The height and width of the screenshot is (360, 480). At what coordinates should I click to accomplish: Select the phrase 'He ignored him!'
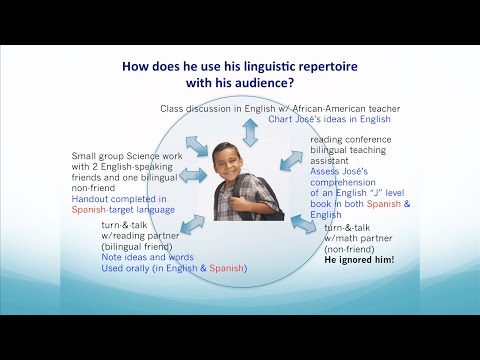(x=359, y=259)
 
